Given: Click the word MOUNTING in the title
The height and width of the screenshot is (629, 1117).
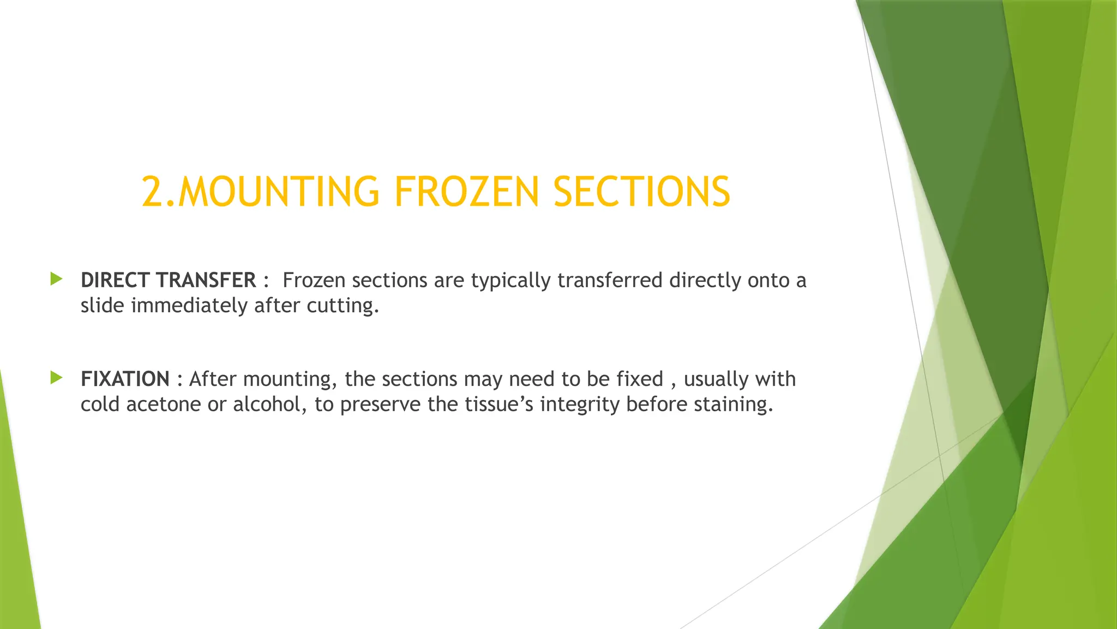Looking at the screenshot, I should [278, 192].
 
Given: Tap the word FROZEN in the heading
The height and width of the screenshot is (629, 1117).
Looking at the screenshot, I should [466, 192].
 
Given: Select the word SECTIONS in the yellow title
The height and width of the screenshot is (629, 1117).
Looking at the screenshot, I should [641, 192].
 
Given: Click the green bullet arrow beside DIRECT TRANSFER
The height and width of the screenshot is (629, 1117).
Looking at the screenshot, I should [56, 280].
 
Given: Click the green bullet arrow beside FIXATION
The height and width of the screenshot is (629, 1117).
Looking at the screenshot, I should [56, 378].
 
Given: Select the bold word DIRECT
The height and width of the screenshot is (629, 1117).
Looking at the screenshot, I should [115, 280].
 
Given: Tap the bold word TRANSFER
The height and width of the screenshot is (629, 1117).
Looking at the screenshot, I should [206, 280].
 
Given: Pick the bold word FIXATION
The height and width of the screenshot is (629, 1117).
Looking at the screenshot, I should [125, 379].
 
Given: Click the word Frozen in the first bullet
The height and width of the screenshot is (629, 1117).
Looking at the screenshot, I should [314, 280].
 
